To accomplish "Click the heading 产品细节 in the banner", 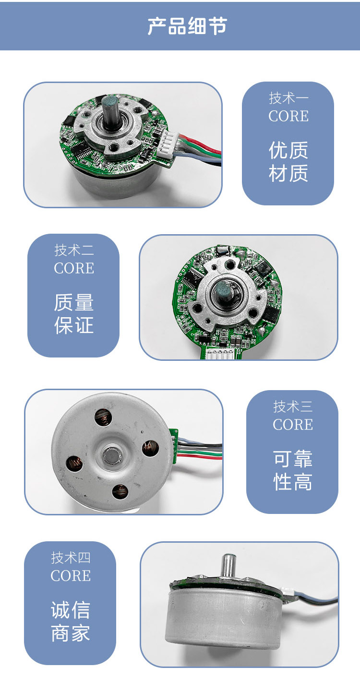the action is [187, 26].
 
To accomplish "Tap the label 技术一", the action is [288, 98].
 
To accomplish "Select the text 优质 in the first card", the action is [288, 150].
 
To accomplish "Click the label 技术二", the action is [74, 250].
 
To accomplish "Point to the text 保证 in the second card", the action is [74, 325].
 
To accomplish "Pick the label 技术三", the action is [293, 406].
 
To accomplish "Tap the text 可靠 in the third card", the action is [293, 459].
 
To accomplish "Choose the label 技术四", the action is [71, 558].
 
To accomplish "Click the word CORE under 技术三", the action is [293, 425].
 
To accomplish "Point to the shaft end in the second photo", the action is [224, 290].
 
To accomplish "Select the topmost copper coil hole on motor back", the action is [103, 418].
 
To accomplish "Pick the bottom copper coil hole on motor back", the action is [120, 492].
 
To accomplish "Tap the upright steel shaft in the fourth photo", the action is [228, 566].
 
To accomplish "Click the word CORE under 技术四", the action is [71, 576].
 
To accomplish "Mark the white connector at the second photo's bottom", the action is [221, 355].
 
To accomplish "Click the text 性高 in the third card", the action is [293, 482].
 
